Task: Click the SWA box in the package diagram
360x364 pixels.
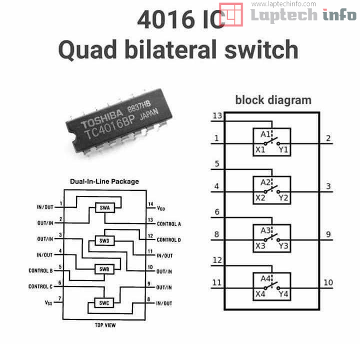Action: pos(104,208)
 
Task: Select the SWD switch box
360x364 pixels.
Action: pos(104,240)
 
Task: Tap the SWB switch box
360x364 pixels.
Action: pos(104,269)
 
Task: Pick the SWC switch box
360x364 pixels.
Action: pos(104,302)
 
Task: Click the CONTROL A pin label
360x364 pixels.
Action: pos(169,224)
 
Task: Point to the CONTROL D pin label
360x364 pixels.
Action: pos(169,240)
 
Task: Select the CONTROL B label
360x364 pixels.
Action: pos(40,270)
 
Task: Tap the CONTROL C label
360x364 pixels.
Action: pos(40,286)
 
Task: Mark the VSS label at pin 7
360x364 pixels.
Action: pos(48,303)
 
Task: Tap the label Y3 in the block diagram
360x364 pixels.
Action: pos(283,245)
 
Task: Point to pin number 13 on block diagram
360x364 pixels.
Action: pos(217,116)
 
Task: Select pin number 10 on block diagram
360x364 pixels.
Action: pos(328,282)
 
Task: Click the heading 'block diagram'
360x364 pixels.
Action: pos(273,99)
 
